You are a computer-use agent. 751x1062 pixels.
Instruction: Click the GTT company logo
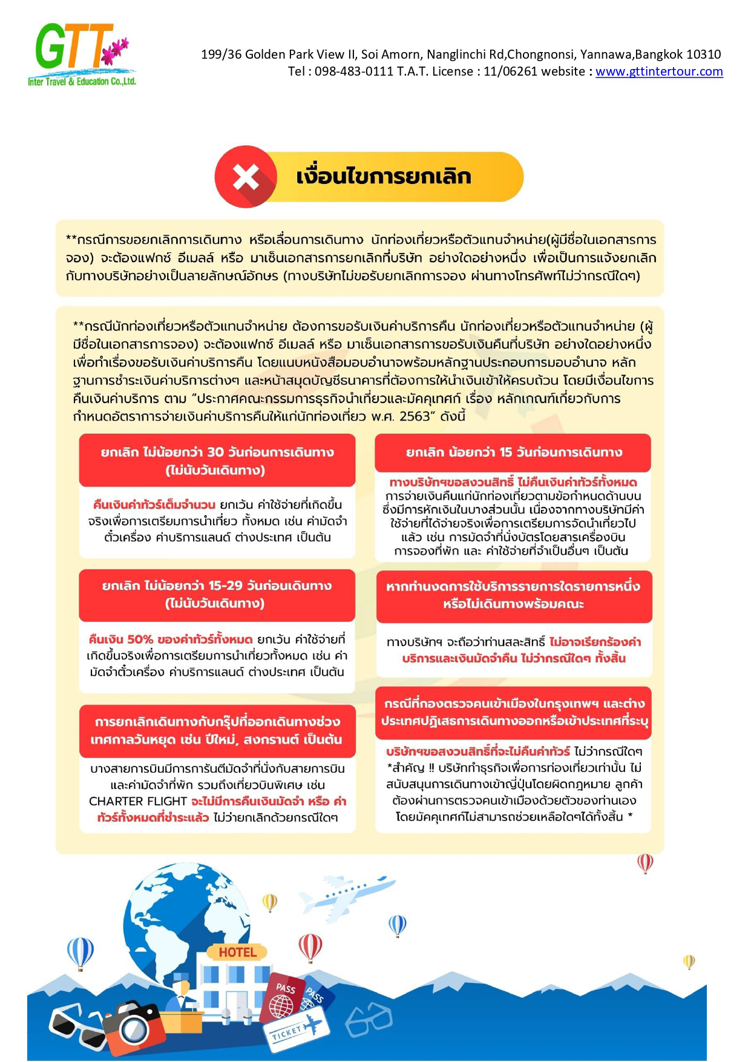tap(81, 54)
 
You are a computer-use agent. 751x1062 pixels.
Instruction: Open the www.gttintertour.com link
tap(659, 71)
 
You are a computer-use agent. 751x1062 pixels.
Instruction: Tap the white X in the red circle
tap(246, 177)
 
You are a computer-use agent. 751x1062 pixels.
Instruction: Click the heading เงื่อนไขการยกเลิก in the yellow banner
tap(383, 177)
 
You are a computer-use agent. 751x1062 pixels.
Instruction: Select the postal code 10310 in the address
tap(705, 54)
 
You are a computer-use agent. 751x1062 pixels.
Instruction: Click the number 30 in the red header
tap(215, 452)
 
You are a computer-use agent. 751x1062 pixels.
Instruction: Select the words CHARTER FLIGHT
tap(137, 801)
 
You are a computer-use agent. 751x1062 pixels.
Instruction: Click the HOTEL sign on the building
tap(237, 952)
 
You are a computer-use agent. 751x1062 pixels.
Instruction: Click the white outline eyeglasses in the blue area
tap(369, 1018)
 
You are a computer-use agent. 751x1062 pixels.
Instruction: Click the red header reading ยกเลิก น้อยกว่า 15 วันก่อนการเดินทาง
tap(513, 453)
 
